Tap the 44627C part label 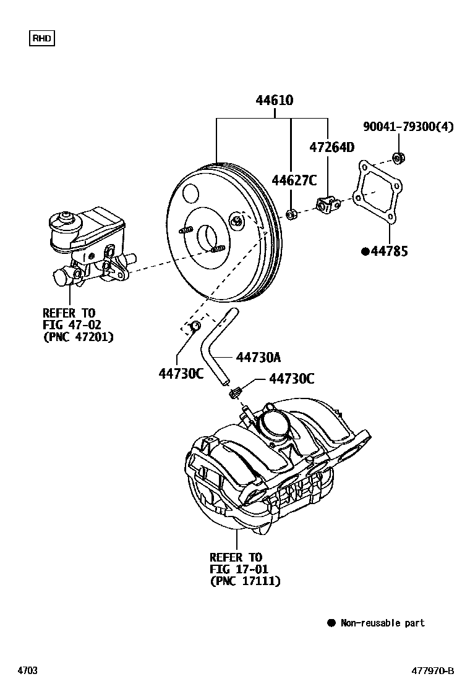click(294, 180)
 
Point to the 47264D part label click(331, 147)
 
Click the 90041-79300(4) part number click(408, 127)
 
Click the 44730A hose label click(258, 357)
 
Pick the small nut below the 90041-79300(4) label click(399, 158)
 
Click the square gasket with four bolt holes click(378, 191)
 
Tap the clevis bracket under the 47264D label click(326, 204)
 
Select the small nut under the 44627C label click(293, 214)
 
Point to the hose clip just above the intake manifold click(236, 392)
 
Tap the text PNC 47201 click(79, 337)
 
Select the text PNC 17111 click(246, 581)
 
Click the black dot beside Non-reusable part click(331, 623)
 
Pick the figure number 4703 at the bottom click(27, 671)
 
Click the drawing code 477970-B click(433, 671)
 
